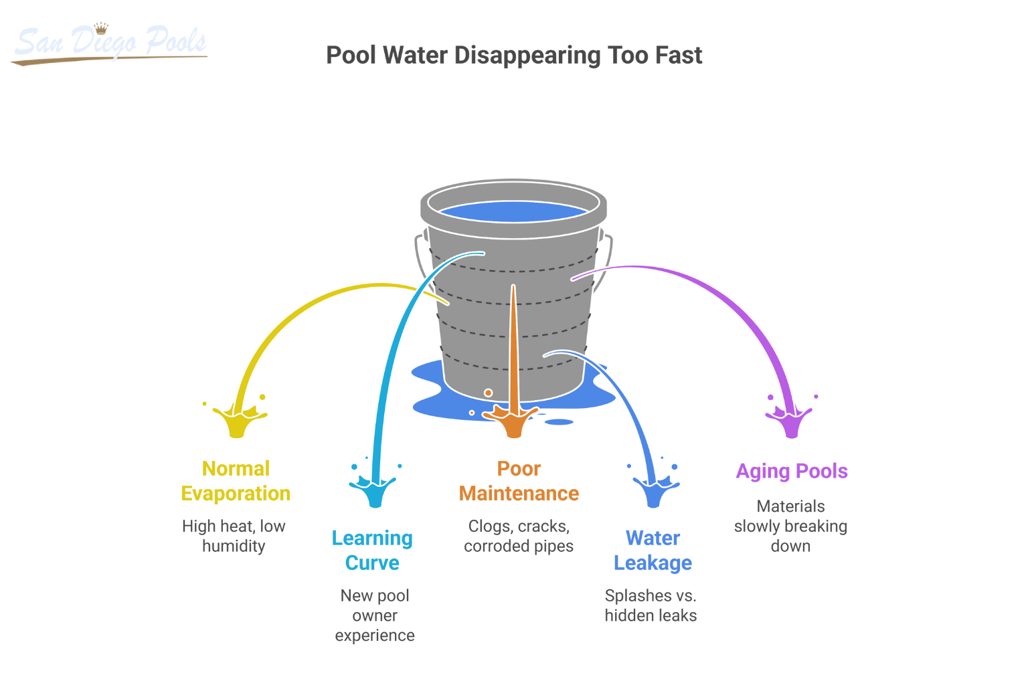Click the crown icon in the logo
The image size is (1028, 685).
pyautogui.click(x=101, y=28)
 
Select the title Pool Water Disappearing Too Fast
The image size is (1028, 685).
pyautogui.click(x=514, y=56)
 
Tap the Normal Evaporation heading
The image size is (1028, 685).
pyautogui.click(x=236, y=481)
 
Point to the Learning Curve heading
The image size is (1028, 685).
pyautogui.click(x=372, y=551)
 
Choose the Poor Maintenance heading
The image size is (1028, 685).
pyautogui.click(x=519, y=481)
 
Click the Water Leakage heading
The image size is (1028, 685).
pyautogui.click(x=653, y=551)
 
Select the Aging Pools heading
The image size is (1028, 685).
pyautogui.click(x=792, y=471)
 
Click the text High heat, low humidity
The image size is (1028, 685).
pyautogui.click(x=234, y=536)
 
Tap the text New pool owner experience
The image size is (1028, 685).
pyautogui.click(x=375, y=615)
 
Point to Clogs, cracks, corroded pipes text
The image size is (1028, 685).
pyautogui.click(x=519, y=536)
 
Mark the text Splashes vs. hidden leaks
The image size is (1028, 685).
pyautogui.click(x=651, y=605)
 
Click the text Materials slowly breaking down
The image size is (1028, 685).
pyautogui.click(x=790, y=526)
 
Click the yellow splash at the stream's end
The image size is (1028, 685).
pyautogui.click(x=238, y=421)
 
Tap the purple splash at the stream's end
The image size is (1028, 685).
pyautogui.click(x=791, y=421)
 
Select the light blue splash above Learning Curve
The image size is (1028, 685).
pyautogui.click(x=374, y=491)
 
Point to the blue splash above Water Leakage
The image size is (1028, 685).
pyautogui.click(x=654, y=491)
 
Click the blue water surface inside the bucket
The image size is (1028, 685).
pyautogui.click(x=513, y=212)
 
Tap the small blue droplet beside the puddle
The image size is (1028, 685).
pyautogui.click(x=560, y=422)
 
